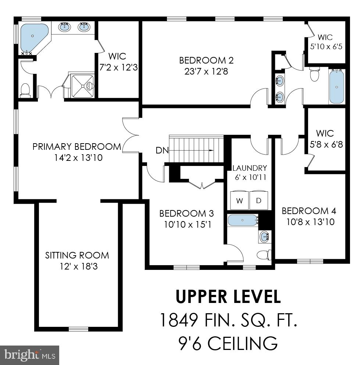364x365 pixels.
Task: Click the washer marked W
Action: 239,200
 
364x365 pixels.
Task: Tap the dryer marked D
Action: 259,200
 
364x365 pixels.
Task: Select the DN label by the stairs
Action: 162,151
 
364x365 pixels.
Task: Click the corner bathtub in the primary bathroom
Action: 34,38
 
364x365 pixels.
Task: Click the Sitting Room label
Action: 77,255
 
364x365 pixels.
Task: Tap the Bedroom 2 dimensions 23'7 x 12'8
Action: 206,71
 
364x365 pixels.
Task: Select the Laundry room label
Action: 250,168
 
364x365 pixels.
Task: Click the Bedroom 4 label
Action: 309,211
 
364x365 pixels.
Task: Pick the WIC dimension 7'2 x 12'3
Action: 119,67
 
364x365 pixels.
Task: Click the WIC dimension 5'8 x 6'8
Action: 326,144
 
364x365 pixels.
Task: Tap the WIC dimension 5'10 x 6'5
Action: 326,46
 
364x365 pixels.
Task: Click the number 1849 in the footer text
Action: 179,320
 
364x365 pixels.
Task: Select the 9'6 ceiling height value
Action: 189,343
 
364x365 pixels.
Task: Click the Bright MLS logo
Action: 29,355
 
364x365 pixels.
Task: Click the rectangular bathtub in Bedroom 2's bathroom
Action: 336,87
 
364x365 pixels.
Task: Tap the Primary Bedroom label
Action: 77,147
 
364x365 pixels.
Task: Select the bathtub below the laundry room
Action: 243,220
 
